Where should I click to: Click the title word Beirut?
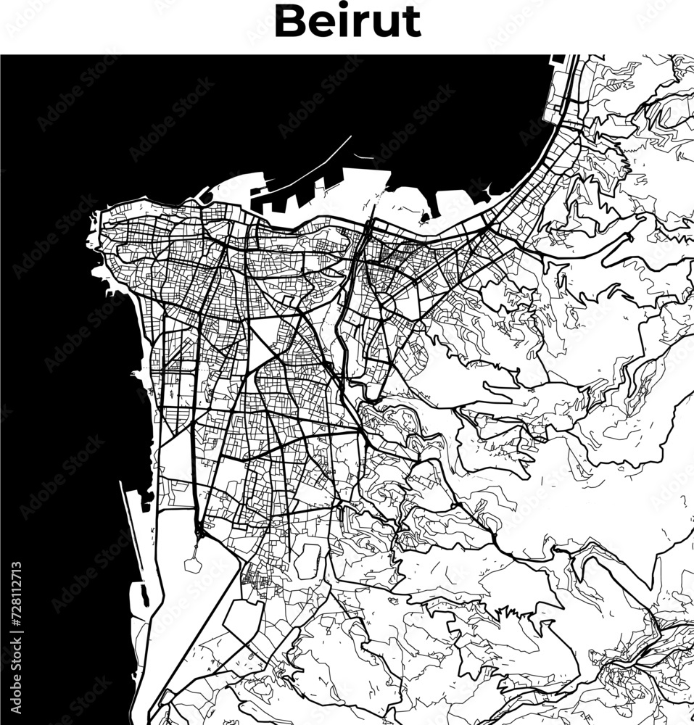347,22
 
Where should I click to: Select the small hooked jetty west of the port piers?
205,194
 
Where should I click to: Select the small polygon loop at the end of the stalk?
194,563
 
